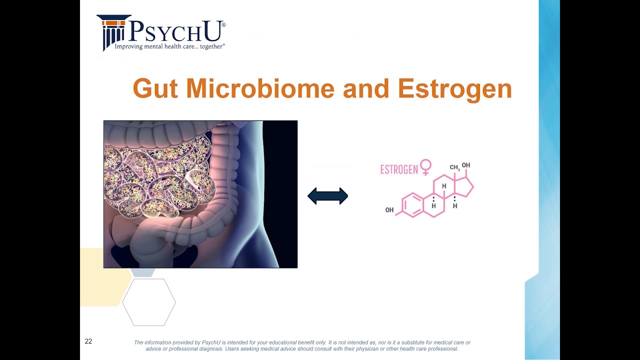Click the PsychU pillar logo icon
click(112, 32)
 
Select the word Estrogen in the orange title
click(454, 88)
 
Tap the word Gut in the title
click(155, 88)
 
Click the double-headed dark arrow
click(327, 196)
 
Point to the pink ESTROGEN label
click(399, 169)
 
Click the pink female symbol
click(425, 167)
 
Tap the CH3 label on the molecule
click(454, 168)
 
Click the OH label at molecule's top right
click(466, 165)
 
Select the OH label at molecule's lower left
click(389, 210)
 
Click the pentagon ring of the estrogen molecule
click(464, 187)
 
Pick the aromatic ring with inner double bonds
click(413, 205)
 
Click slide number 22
click(88, 341)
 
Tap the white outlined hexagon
click(149, 302)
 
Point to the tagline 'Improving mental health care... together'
click(169, 46)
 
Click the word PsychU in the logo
click(175, 31)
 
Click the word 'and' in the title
click(366, 88)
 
